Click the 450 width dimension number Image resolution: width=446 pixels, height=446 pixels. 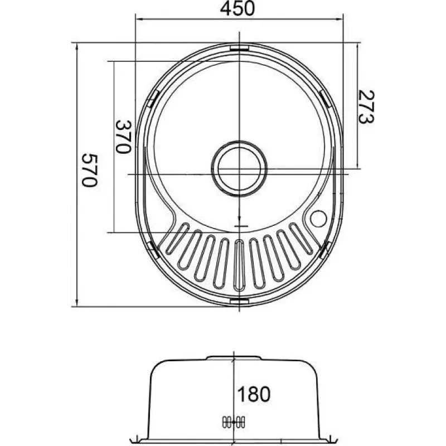(x=237, y=8)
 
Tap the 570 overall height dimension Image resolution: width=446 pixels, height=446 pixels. (x=90, y=171)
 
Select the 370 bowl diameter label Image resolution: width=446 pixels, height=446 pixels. (x=123, y=137)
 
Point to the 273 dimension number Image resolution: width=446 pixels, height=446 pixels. (x=366, y=107)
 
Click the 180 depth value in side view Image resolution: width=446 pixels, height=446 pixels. (x=254, y=394)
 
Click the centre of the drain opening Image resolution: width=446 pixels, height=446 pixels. (x=239, y=169)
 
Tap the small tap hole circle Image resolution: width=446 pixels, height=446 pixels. (x=318, y=219)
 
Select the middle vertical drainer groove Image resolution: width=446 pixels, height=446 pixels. (x=239, y=265)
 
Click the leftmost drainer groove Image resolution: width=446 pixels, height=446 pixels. (x=177, y=239)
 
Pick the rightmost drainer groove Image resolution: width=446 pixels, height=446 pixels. (x=301, y=239)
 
